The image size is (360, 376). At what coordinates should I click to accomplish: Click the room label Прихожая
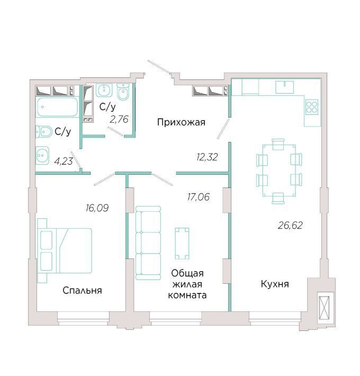click(x=181, y=122)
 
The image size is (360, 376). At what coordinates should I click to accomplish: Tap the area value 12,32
click(x=207, y=157)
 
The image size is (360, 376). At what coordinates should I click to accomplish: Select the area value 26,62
click(x=290, y=226)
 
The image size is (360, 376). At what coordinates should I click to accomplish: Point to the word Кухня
click(x=275, y=284)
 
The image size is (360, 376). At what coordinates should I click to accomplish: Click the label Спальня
click(x=82, y=290)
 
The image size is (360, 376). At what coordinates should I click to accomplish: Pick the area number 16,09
click(x=97, y=208)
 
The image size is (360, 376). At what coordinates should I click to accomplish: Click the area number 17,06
click(x=198, y=197)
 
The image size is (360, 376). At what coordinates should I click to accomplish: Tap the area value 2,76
click(x=119, y=119)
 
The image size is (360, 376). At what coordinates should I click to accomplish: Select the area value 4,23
click(x=64, y=161)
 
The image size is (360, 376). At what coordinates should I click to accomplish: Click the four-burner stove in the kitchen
click(x=312, y=107)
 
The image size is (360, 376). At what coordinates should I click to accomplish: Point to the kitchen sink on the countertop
click(x=284, y=87)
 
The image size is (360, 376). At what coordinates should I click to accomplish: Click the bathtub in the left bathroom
click(x=57, y=107)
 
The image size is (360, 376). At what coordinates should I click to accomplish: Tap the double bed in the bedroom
click(x=65, y=250)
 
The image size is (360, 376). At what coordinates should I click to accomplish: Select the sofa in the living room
click(x=148, y=243)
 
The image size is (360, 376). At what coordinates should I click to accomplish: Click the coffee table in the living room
click(x=182, y=244)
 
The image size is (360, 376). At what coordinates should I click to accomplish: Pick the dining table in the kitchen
click(x=279, y=171)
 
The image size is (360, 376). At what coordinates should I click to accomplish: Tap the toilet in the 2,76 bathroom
click(x=123, y=92)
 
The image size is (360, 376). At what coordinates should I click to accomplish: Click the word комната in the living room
click(x=187, y=295)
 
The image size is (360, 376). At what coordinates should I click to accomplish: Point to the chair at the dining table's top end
click(x=278, y=144)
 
